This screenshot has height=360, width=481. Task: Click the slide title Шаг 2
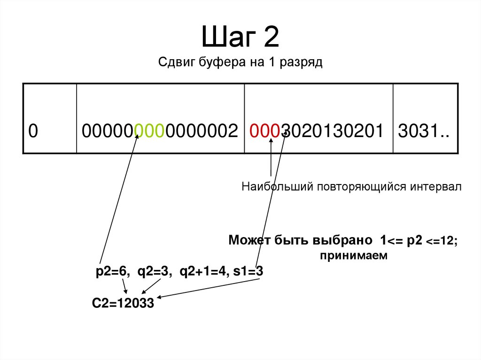[x=240, y=38]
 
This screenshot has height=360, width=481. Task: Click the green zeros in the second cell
[x=149, y=131]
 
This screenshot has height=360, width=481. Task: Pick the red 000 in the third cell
[x=265, y=131]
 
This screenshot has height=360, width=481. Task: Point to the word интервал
[x=436, y=187]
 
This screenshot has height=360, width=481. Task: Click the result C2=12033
[x=123, y=304]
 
